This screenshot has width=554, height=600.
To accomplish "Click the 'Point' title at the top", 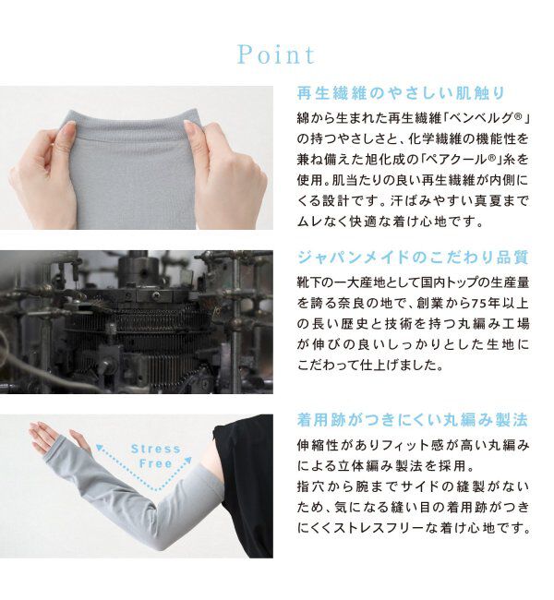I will pyautogui.click(x=276, y=54).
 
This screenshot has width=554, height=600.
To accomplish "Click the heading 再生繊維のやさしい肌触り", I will pyautogui.click(x=400, y=93).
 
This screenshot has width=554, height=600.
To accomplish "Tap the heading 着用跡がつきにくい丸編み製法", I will pyautogui.click(x=412, y=420).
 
